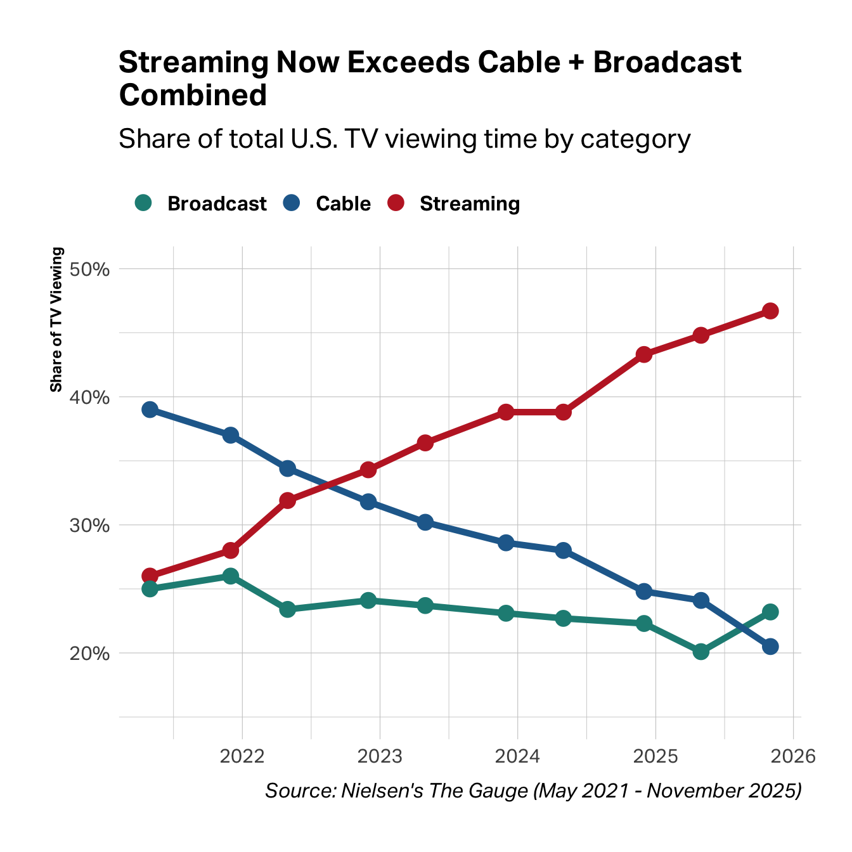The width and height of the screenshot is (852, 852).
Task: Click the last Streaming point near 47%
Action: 770,311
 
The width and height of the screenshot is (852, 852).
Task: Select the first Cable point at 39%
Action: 150,410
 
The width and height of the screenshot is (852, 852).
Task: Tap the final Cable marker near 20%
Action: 770,647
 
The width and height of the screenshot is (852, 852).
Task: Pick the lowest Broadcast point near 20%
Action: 700,651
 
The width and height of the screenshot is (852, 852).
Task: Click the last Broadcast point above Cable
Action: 770,612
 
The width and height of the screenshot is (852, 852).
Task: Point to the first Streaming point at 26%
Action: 150,576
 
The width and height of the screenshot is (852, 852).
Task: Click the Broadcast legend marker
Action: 144,203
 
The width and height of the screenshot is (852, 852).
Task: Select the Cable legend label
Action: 343,203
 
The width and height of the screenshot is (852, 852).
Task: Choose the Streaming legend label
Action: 470,203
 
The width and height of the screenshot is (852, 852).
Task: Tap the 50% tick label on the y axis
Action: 90,269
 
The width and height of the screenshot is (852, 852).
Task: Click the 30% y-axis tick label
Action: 90,526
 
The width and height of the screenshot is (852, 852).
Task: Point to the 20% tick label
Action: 90,654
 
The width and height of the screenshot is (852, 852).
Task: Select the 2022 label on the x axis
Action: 242,756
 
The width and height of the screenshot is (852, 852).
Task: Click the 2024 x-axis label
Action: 517,756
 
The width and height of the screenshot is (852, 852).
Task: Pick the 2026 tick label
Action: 793,756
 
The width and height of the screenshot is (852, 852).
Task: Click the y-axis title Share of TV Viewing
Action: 56,319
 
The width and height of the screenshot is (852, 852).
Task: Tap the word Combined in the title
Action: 193,96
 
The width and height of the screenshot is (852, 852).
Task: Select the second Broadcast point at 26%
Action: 231,576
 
